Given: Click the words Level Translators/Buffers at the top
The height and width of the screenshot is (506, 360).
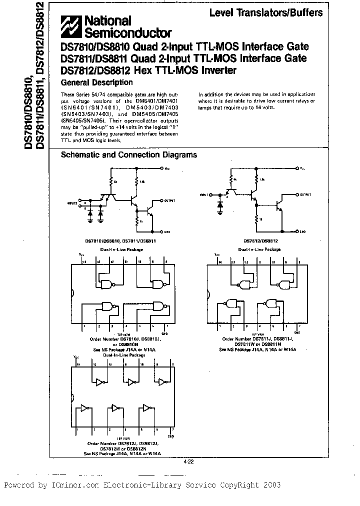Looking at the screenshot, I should point(265,12).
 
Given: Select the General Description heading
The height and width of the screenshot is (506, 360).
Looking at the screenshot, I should point(96,82).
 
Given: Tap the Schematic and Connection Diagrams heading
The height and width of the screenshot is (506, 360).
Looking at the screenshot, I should point(128,155).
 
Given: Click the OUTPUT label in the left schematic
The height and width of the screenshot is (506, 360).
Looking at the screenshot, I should point(171,201).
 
